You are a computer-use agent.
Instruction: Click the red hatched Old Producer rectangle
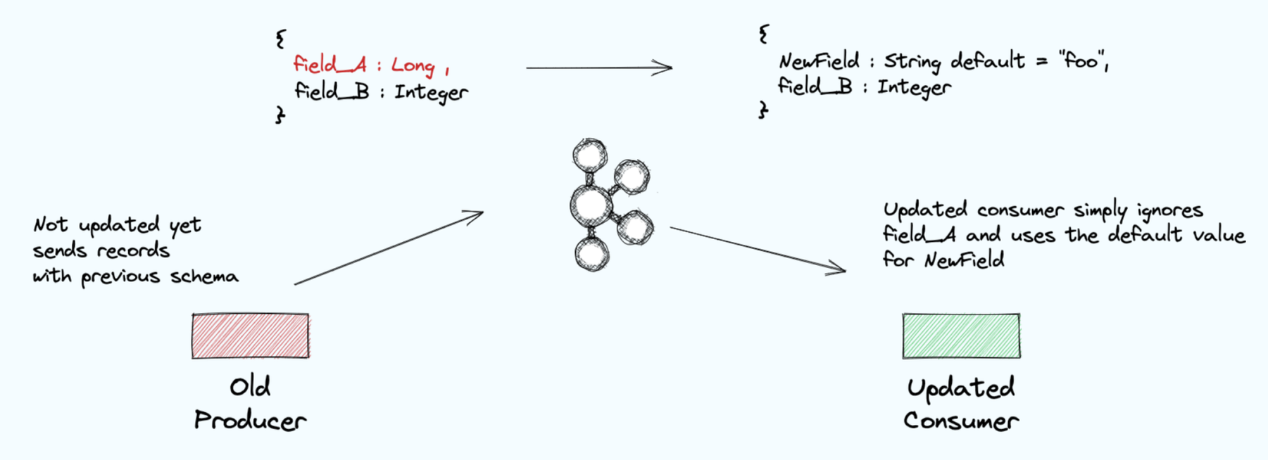coord(250,336)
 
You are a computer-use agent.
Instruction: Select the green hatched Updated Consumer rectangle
coord(961,336)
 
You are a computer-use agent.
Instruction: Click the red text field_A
coord(329,65)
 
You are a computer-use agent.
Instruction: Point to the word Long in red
coord(413,66)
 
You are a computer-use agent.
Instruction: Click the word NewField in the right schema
coord(819,61)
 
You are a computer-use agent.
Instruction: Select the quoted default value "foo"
coord(1081,61)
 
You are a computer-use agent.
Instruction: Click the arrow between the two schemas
coord(598,68)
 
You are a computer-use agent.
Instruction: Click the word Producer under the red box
coord(250,421)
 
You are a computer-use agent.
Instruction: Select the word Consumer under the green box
coord(961,421)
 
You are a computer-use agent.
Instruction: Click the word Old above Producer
coord(250,387)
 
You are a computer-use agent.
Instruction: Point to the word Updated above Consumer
coord(961,388)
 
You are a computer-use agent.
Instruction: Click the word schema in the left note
coord(204,276)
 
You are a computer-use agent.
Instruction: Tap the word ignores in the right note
coord(1169,210)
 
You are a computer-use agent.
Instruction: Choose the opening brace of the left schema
coord(281,39)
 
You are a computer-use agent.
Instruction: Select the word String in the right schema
coord(912,62)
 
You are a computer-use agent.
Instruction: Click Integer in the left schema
coord(431,93)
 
